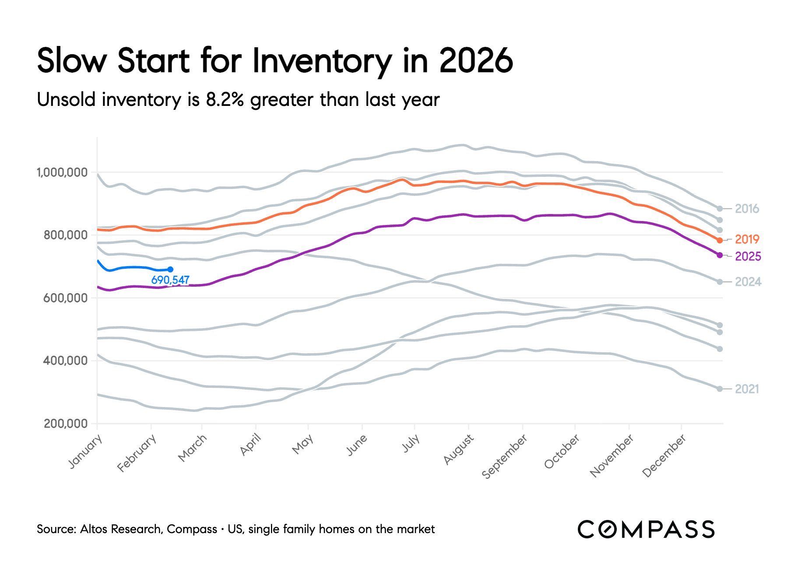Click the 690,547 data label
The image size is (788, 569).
coord(170,280)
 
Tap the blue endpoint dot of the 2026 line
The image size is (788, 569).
coord(170,270)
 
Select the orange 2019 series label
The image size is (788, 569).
coord(747,239)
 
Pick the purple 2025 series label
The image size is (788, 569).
coord(748,256)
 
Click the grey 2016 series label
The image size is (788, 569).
coord(747,209)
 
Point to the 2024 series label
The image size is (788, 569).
coord(748,282)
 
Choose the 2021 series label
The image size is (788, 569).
coord(747,389)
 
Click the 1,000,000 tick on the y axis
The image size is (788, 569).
coord(62,172)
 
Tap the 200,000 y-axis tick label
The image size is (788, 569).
coord(66,424)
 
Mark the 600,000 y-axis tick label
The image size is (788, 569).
coord(66,298)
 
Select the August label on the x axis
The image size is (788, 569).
coord(458,450)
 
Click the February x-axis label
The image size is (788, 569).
coord(137,453)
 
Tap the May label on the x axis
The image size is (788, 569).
coord(303,445)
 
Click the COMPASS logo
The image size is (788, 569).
coord(646,529)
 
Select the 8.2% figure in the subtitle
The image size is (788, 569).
coord(225,100)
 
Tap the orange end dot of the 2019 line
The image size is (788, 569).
coord(720,240)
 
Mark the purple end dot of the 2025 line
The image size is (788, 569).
coord(720,255)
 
